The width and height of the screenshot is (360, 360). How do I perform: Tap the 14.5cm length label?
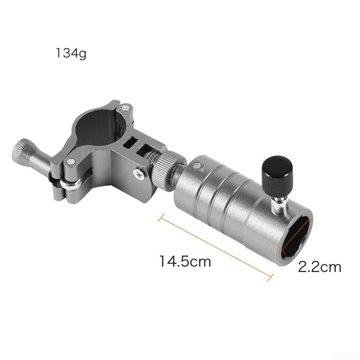click(185, 261)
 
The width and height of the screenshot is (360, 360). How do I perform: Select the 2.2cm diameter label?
click(320, 267)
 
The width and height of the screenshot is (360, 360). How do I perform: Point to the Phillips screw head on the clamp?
click(138, 173)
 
